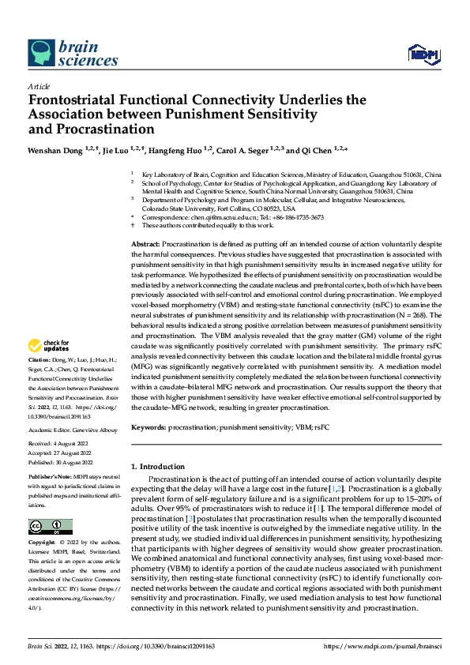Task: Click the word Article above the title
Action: click(39, 86)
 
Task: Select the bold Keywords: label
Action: click(148, 427)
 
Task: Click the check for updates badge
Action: click(49, 345)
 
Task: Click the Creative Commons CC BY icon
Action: click(50, 527)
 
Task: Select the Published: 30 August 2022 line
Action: click(61, 462)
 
